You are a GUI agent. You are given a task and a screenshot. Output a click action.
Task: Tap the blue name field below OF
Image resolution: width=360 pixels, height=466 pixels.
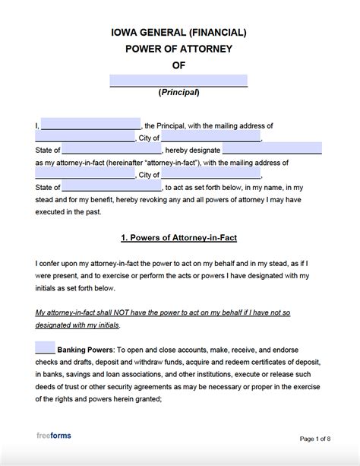click(179, 80)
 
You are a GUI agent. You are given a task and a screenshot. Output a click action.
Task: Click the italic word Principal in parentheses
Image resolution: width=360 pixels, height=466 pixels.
click(178, 93)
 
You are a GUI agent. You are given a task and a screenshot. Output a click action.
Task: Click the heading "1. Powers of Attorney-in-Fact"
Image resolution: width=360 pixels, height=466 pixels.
click(179, 237)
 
